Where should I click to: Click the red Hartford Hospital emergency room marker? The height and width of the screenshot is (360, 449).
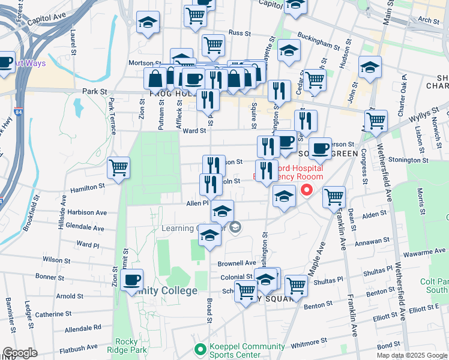pyautogui.click(x=307, y=191)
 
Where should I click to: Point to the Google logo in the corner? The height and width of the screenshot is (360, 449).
pyautogui.click(x=20, y=353)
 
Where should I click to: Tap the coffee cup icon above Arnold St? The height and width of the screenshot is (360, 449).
pyautogui.click(x=131, y=280)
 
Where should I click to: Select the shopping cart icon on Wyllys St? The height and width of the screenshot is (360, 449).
pyautogui.click(x=376, y=120)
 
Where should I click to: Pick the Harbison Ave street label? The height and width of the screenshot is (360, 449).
pyautogui.click(x=87, y=212)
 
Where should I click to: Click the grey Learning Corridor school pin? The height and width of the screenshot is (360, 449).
pyautogui.click(x=236, y=226)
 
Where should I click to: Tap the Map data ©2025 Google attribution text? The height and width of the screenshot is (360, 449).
pyautogui.click(x=411, y=355)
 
